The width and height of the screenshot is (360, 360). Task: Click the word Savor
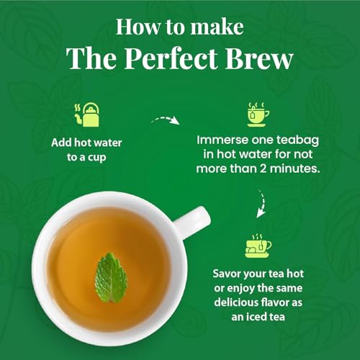231,274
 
